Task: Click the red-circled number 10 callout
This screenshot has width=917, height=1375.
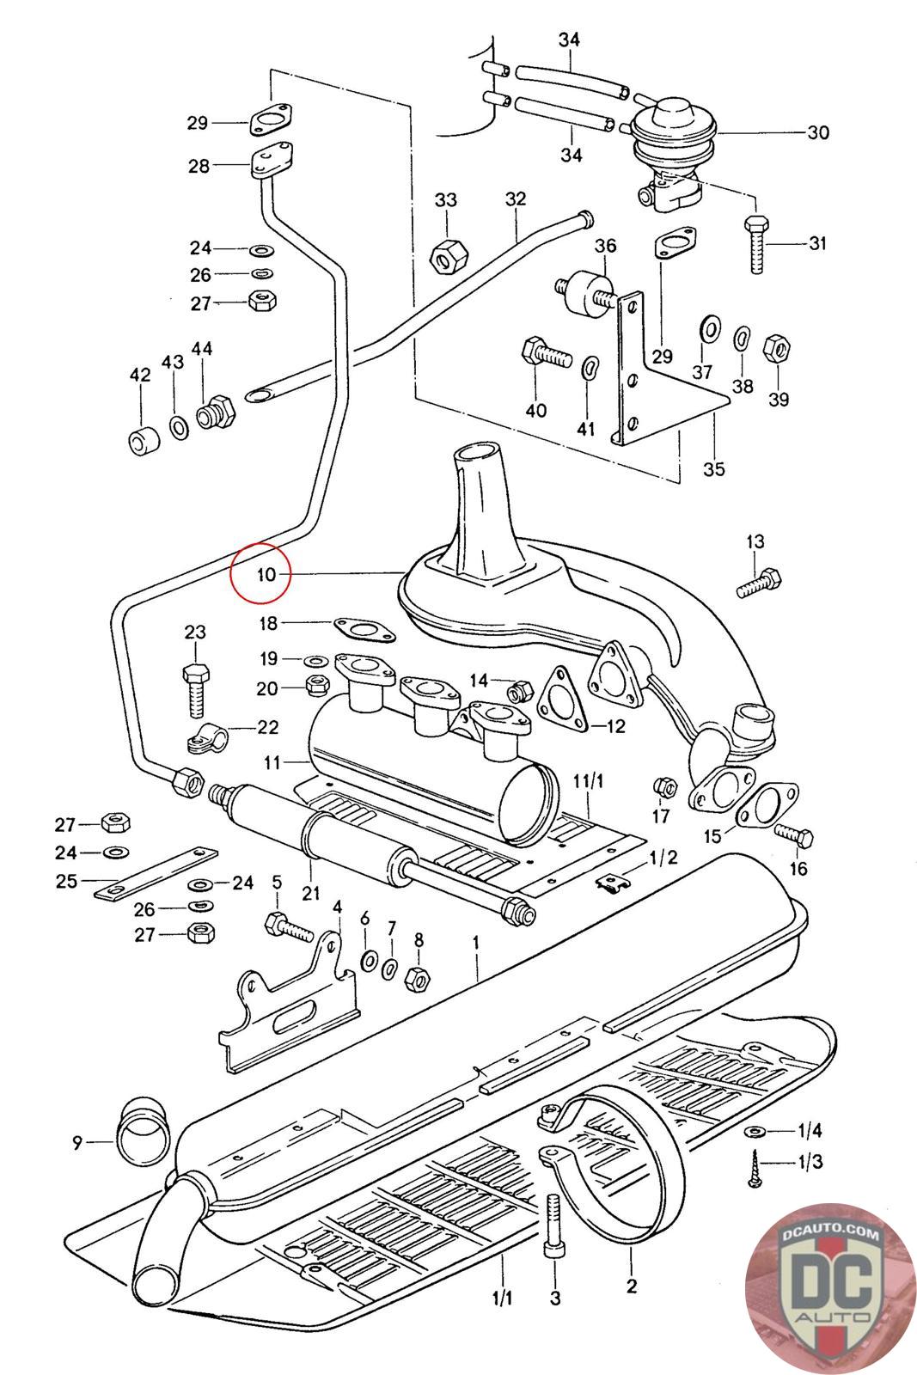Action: [x=262, y=574]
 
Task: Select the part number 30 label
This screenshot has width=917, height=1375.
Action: [x=817, y=132]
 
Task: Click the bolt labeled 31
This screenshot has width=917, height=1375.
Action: [x=757, y=244]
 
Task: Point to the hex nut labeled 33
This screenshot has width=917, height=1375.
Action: [x=447, y=254]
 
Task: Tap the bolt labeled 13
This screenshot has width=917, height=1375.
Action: [x=761, y=584]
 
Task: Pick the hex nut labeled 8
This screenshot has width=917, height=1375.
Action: [x=416, y=977]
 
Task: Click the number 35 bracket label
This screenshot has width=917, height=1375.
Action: [x=714, y=468]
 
